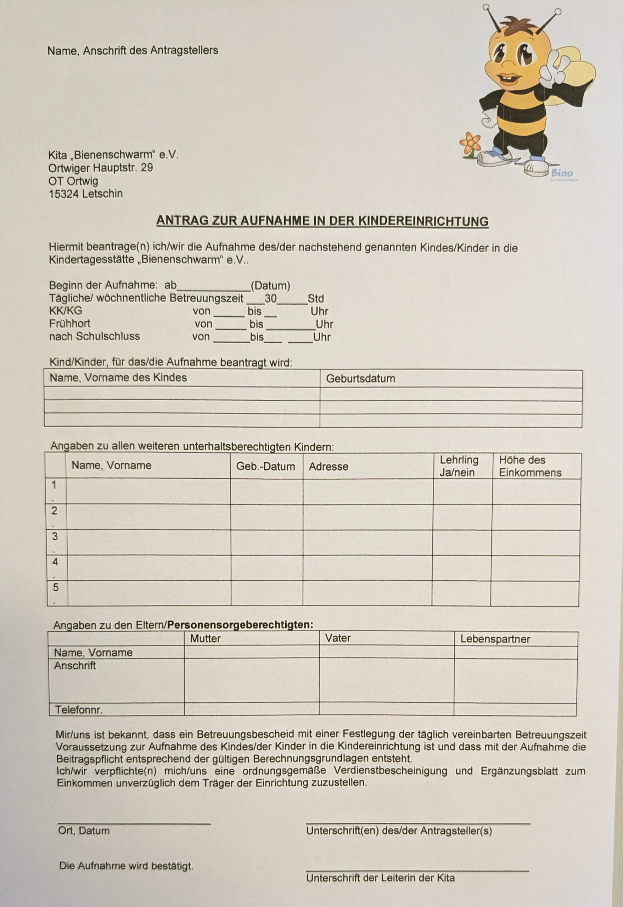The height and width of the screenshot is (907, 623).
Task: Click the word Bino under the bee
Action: click(562, 173)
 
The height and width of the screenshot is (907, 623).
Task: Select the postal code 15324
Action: click(64, 193)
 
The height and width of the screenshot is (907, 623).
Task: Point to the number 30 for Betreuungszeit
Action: click(270, 299)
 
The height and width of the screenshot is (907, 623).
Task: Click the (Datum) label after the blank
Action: click(270, 286)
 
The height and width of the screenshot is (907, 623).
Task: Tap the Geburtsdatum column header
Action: click(360, 378)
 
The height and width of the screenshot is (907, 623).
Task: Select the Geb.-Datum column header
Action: click(265, 466)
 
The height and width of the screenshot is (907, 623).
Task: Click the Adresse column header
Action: click(328, 466)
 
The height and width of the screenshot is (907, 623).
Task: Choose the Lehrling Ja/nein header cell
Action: click(459, 466)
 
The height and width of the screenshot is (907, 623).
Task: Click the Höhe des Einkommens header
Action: click(530, 466)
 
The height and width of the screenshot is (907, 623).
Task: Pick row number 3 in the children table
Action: click(55, 537)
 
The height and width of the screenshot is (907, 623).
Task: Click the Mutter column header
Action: click(205, 638)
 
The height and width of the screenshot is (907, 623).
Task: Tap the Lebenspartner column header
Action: click(495, 639)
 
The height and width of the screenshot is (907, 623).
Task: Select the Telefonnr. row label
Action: click(78, 710)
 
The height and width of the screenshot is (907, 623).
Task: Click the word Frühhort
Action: click(69, 323)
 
